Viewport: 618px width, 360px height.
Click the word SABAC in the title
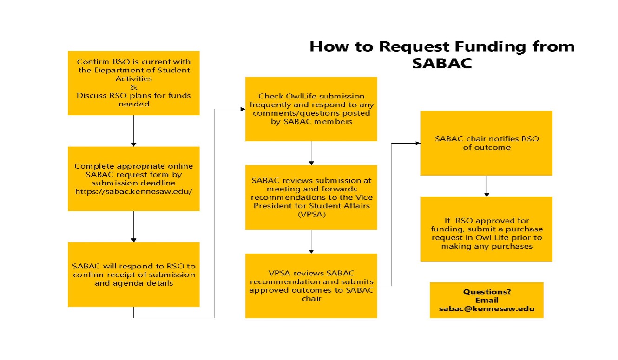point(442,63)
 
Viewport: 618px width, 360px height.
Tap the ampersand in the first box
point(134,87)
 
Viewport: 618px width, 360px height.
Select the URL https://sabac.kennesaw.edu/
point(134,191)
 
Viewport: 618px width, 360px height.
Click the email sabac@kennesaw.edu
point(487,309)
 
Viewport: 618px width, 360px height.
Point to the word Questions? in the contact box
point(487,292)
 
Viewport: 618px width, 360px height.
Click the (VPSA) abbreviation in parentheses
point(312,214)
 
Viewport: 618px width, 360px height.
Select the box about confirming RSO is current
point(134,83)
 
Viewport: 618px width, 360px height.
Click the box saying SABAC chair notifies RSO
point(487,143)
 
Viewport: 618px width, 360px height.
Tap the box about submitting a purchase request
point(487,229)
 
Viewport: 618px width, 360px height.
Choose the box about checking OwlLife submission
point(311,109)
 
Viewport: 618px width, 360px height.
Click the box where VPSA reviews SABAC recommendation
point(311,286)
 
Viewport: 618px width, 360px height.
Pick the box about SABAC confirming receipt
point(134,275)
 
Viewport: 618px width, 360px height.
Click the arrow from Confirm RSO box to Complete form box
point(134,131)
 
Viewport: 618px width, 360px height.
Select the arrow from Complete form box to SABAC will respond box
point(134,227)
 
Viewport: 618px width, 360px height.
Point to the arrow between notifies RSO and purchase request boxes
point(487,186)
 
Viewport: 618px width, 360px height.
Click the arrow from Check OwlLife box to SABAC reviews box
point(311,153)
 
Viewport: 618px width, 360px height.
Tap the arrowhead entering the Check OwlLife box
point(243,109)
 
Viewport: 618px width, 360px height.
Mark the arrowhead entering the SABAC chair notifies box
point(418,143)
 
